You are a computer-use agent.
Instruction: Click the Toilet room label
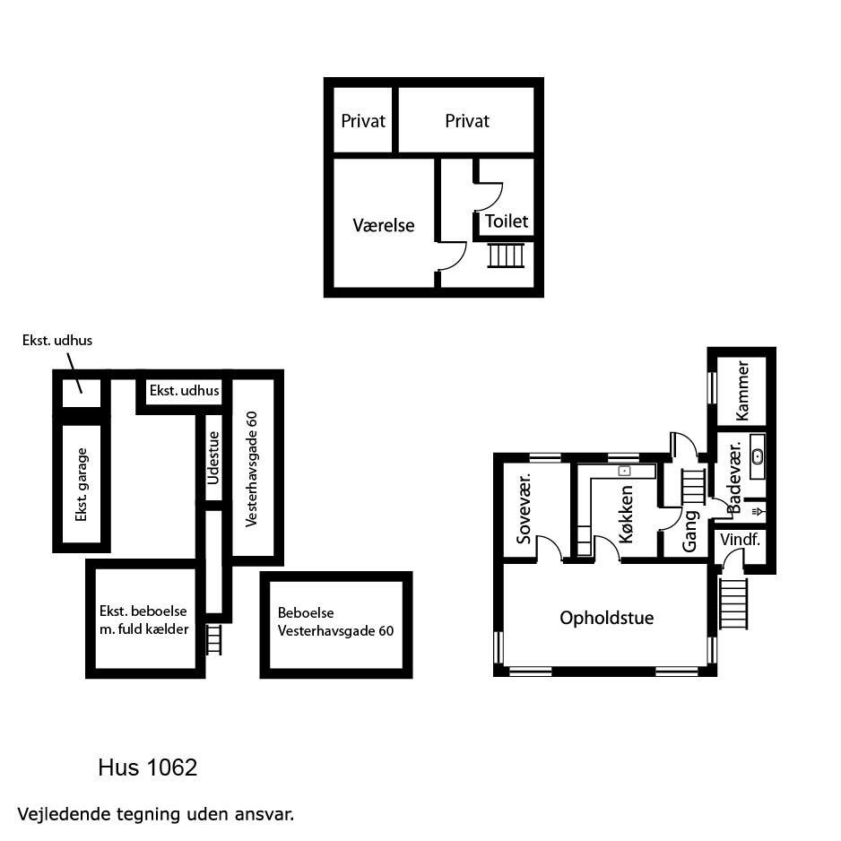coord(507,221)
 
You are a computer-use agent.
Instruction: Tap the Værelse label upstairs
coord(384,225)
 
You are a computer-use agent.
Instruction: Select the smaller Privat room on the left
coord(363,121)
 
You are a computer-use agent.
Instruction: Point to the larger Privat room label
coord(467,121)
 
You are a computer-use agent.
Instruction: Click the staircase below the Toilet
coord(506,256)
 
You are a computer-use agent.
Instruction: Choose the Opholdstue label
coord(607,618)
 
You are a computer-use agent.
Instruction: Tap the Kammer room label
coord(743,391)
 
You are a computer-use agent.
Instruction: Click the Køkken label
coord(626,515)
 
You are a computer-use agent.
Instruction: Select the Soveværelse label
coord(524,508)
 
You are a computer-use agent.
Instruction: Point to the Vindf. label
coord(740,540)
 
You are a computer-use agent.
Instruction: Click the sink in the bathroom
coord(758,456)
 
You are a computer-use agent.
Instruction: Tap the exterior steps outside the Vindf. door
coord(733,604)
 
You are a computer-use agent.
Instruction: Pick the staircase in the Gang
coord(693,487)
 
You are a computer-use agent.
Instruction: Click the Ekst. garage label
coord(82,485)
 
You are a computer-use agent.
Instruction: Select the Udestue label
coord(212,457)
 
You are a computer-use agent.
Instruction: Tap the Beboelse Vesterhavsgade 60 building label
coord(335,621)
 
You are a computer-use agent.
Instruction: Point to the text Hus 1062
coord(148,767)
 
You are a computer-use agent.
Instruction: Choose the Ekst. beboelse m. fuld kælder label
coord(143,620)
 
